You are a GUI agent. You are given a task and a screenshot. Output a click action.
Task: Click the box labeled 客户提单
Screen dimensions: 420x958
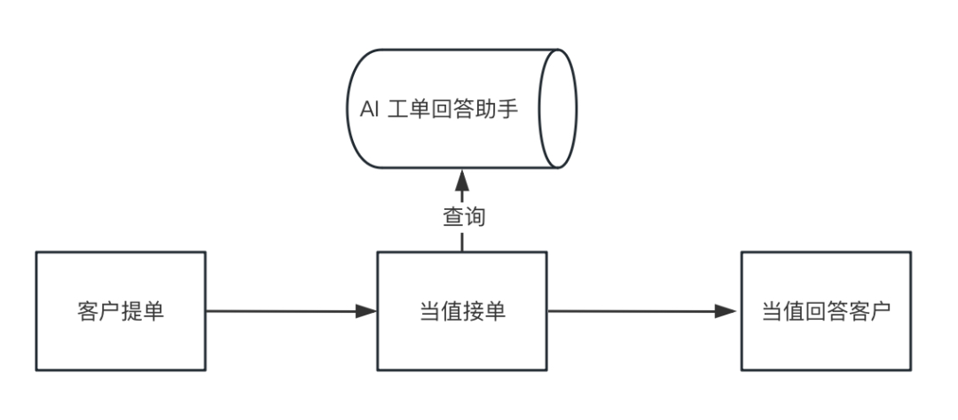click(121, 311)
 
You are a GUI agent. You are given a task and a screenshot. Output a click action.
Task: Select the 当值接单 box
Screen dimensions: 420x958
click(462, 311)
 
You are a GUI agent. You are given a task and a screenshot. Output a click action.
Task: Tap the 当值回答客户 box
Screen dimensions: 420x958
click(825, 311)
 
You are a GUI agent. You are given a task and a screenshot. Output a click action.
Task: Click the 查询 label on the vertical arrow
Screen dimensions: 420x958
click(463, 216)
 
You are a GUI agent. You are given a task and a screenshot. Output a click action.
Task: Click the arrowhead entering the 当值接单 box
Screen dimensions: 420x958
click(366, 311)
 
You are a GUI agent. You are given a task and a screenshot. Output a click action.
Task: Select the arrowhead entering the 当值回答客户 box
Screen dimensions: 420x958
click(727, 311)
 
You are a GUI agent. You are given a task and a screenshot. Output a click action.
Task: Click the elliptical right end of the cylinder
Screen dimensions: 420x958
click(559, 109)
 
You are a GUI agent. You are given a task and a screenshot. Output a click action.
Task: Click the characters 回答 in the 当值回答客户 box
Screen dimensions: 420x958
click(826, 312)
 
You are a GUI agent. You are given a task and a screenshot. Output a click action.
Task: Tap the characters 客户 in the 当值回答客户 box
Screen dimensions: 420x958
click(868, 312)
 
